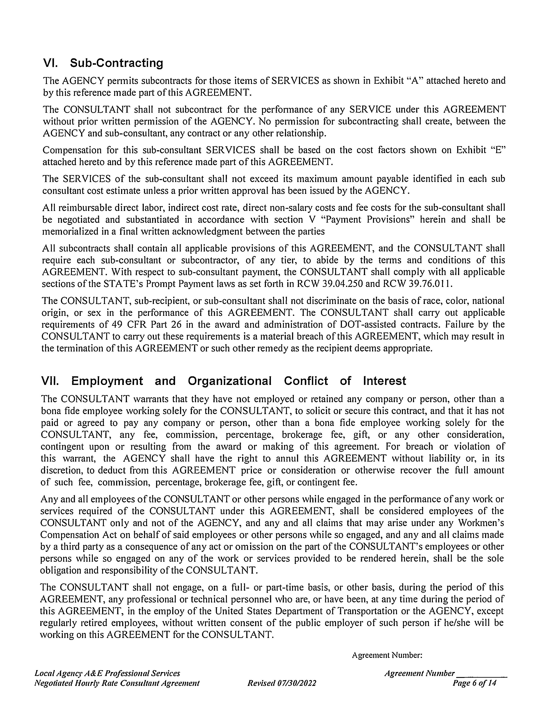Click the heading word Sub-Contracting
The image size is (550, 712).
coord(116,63)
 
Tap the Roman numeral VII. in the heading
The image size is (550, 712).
coord(50,381)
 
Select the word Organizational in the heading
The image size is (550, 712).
coord(229,381)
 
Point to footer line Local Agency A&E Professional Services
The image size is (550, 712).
coord(107,673)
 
